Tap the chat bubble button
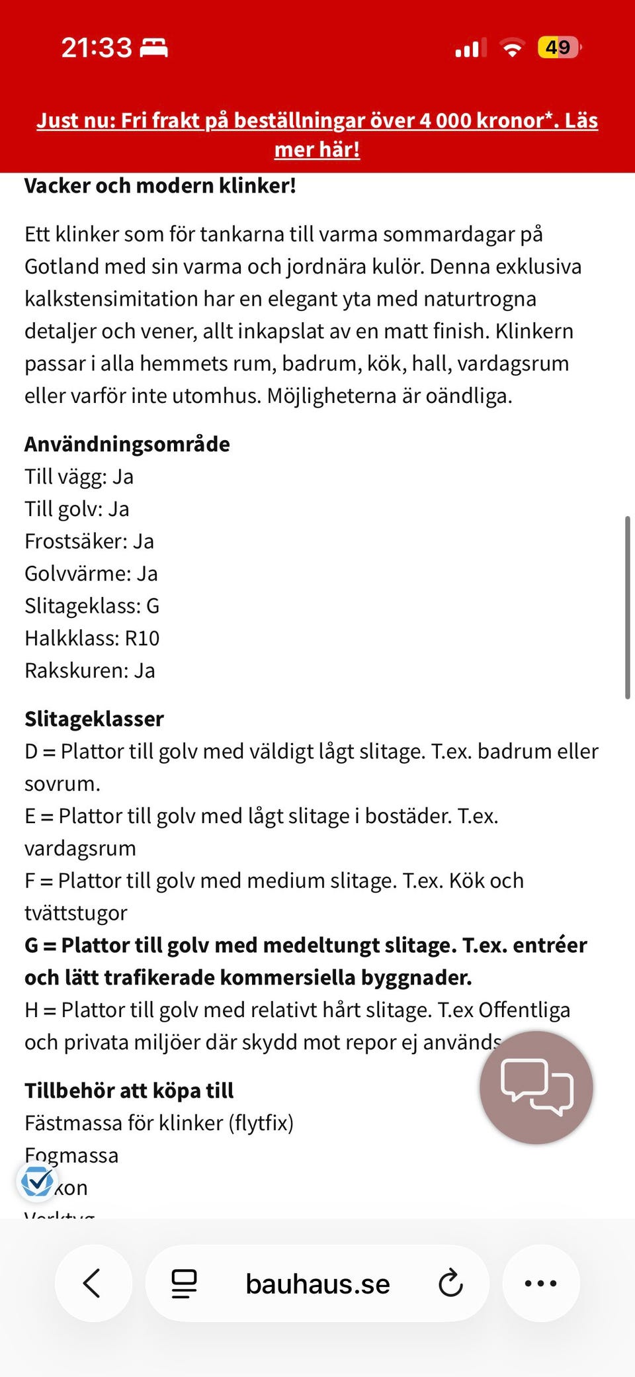click(536, 1087)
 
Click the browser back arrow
click(93, 1283)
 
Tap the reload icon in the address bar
click(450, 1283)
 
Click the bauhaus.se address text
click(317, 1284)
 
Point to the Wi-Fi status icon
click(512, 48)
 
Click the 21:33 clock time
click(97, 48)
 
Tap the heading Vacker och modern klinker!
click(160, 186)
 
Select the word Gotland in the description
click(62, 267)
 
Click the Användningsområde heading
click(127, 444)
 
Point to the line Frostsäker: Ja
click(89, 541)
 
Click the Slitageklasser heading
click(94, 719)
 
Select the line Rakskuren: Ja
click(90, 671)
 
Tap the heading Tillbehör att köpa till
click(129, 1090)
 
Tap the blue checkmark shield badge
click(37, 1181)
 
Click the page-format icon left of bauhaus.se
click(184, 1283)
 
